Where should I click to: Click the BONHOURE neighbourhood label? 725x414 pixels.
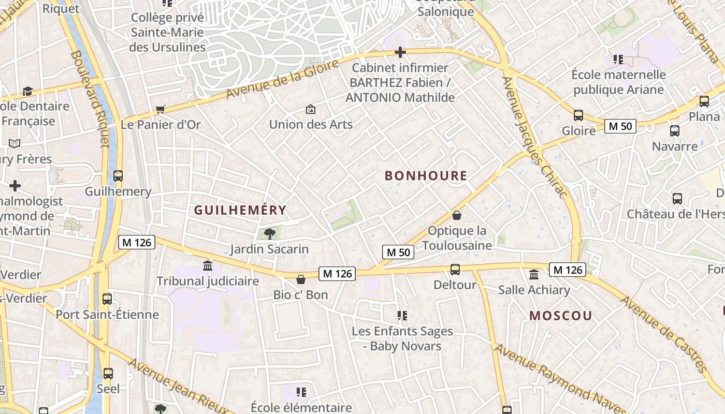(x=426, y=176)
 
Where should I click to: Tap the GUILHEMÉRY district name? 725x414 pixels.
(x=240, y=210)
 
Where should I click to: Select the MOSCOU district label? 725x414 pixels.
(x=561, y=316)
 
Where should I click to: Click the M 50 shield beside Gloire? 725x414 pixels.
(x=620, y=126)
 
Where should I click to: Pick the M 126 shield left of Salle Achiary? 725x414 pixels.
(x=568, y=270)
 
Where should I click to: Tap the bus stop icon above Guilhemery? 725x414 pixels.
(x=118, y=175)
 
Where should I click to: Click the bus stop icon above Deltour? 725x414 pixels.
(x=455, y=269)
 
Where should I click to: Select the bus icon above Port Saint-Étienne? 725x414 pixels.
(x=107, y=299)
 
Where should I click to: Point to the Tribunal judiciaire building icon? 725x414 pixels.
(x=208, y=265)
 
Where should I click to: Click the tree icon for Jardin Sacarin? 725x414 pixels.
(x=269, y=233)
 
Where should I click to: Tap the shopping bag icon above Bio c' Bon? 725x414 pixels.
(x=301, y=279)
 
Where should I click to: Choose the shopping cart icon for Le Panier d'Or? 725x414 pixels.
(x=160, y=109)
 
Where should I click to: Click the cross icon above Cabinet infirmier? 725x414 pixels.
(x=400, y=52)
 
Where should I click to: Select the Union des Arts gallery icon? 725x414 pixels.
(x=311, y=109)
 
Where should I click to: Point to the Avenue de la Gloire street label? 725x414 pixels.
(x=283, y=79)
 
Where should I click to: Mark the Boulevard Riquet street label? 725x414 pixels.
(x=90, y=98)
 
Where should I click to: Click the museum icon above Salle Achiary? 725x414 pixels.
(x=534, y=274)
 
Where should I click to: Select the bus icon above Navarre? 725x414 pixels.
(x=674, y=131)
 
